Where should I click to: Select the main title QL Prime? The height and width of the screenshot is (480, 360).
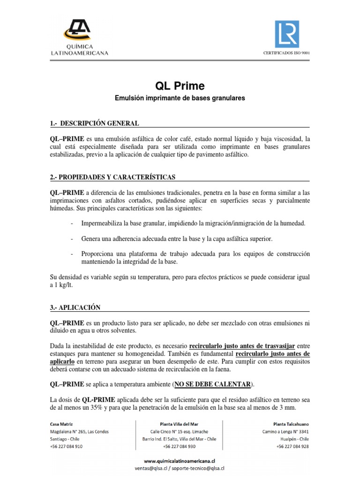[180, 86]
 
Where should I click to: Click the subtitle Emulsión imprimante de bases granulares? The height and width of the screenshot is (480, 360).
[180, 98]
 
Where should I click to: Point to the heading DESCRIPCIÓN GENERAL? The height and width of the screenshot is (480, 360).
[98, 123]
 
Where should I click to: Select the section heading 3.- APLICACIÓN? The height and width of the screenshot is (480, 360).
[75, 307]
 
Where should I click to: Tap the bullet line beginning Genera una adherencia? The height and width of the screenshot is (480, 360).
[177, 239]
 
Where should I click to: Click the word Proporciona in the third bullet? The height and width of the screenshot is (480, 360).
[98, 254]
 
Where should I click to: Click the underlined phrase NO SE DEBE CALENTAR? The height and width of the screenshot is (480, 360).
[212, 384]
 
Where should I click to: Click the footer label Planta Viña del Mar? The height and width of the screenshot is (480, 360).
[180, 423]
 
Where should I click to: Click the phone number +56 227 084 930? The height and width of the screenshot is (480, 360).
[180, 446]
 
